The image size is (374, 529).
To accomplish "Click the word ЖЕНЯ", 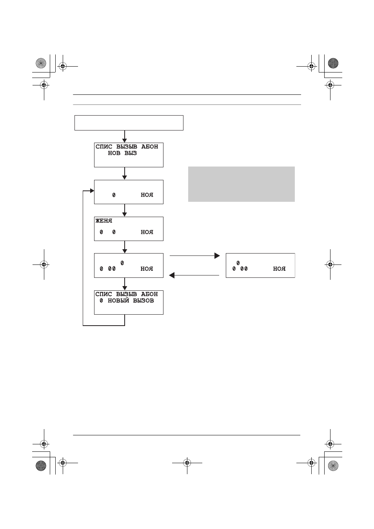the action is click(104, 221).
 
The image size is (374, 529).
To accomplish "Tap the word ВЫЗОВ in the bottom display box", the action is click(143, 301).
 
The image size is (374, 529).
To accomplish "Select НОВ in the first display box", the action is click(114, 153).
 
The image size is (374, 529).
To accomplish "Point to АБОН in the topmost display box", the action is click(149, 147).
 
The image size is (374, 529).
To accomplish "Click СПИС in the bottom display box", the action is click(103, 294).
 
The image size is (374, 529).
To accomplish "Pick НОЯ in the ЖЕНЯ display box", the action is click(147, 232).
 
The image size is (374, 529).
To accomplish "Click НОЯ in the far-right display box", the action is click(279, 268).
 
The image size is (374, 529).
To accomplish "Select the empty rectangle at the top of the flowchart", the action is click(129, 123).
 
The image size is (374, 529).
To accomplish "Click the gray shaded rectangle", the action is click(241, 184).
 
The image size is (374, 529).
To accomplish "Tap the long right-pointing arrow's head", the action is click(217, 255).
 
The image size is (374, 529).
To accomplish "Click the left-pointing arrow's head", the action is click(172, 275).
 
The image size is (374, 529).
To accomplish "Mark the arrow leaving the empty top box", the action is click(125, 136).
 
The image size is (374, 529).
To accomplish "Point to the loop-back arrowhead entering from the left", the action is click(92, 190).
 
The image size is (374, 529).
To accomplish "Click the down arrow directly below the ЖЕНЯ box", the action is click(125, 247).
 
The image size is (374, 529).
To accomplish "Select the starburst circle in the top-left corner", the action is click(41, 63).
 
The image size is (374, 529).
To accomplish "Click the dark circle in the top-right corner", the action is click(333, 63).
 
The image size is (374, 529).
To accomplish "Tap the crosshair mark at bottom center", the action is click(187, 463).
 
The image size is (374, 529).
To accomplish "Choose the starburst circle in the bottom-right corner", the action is click(333, 466).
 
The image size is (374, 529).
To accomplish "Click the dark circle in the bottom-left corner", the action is click(41, 466).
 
